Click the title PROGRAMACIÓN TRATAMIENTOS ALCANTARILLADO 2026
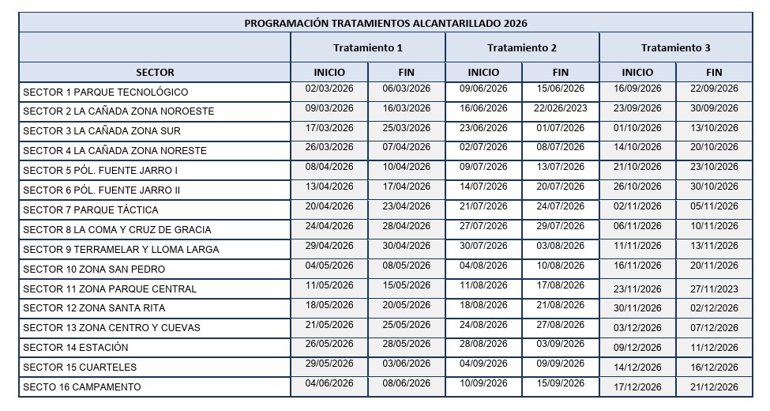(x=385, y=23)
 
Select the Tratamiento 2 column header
(x=522, y=48)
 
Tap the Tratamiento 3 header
(x=676, y=48)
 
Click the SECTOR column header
(x=155, y=73)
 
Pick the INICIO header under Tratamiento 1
(x=329, y=73)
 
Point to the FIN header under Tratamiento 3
(x=715, y=73)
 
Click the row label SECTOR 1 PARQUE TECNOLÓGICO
(x=105, y=92)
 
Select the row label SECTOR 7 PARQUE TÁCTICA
(x=91, y=210)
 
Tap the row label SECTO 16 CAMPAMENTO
(x=82, y=387)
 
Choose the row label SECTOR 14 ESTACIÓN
(x=76, y=348)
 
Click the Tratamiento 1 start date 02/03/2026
(x=329, y=89)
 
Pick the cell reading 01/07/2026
(x=561, y=128)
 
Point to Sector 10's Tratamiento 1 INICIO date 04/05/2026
(x=329, y=266)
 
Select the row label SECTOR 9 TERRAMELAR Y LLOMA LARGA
(x=121, y=250)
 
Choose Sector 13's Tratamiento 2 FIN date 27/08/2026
(x=561, y=325)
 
